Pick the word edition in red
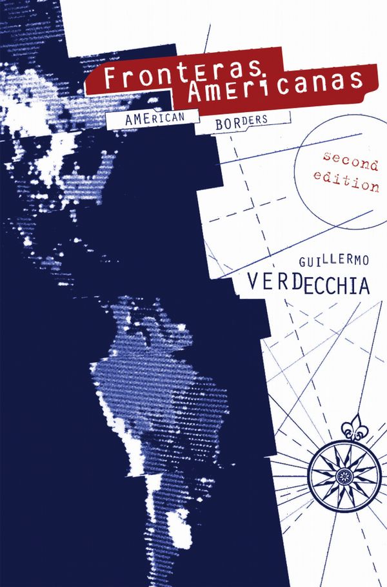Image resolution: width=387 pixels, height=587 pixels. [347, 184]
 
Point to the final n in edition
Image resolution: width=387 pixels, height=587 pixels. [374, 188]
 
